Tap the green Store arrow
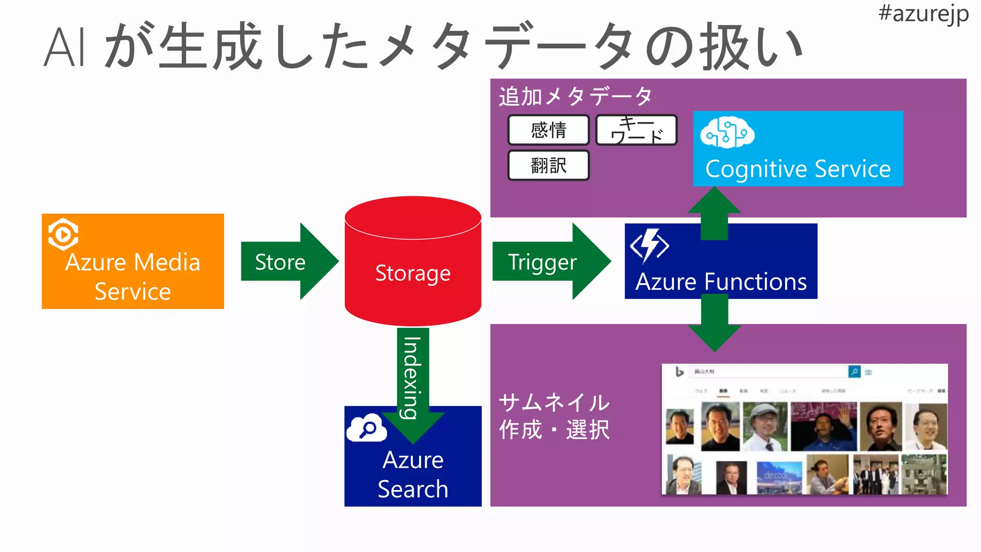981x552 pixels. [x=287, y=262]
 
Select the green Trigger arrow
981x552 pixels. [x=548, y=262]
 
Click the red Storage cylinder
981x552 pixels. [x=412, y=273]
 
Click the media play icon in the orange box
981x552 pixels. [x=63, y=234]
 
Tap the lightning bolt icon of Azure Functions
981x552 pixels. [x=650, y=245]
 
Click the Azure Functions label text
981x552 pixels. [x=721, y=281]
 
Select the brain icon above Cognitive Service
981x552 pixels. [x=727, y=133]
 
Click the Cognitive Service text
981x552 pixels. [x=798, y=169]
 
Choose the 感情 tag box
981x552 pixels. [x=548, y=130]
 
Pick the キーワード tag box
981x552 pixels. [x=636, y=130]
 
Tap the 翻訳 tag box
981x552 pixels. [x=548, y=165]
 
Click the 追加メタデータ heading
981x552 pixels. [x=575, y=96]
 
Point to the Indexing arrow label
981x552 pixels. [x=412, y=378]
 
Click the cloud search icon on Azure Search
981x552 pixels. [x=366, y=428]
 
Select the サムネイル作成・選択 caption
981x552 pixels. [x=554, y=416]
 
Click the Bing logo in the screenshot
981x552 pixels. [x=679, y=371]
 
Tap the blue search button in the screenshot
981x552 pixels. [x=854, y=371]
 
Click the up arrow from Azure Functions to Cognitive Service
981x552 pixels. [x=714, y=211]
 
